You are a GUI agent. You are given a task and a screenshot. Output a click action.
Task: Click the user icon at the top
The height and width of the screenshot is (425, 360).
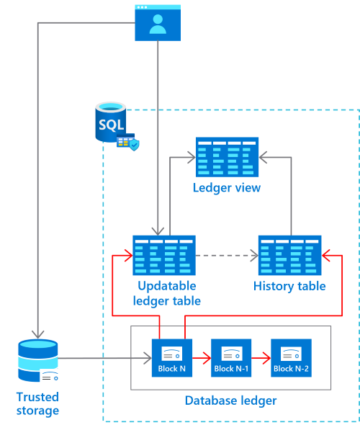pos(156,22)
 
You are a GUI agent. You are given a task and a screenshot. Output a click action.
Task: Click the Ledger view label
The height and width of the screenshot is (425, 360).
pos(227,188)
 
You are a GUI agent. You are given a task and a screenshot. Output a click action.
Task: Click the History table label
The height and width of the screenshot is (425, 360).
pos(289,287)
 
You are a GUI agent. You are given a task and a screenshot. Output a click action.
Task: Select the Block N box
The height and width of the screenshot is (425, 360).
pos(172,357)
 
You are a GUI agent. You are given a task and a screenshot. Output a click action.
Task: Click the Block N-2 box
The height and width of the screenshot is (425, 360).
pos(291,357)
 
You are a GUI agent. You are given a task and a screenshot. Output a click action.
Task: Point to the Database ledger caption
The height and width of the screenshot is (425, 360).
pos(230,401)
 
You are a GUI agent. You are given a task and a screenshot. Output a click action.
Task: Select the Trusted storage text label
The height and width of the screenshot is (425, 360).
pos(37,403)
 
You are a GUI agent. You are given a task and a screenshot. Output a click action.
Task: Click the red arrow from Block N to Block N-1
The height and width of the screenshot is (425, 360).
pos(202,355)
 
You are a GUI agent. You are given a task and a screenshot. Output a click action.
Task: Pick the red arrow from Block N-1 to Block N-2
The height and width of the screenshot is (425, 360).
pos(261,355)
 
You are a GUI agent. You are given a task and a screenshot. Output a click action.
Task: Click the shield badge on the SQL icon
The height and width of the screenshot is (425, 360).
pos(134,145)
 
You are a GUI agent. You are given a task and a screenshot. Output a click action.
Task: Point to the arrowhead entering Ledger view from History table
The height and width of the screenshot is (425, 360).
pos(264,154)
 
